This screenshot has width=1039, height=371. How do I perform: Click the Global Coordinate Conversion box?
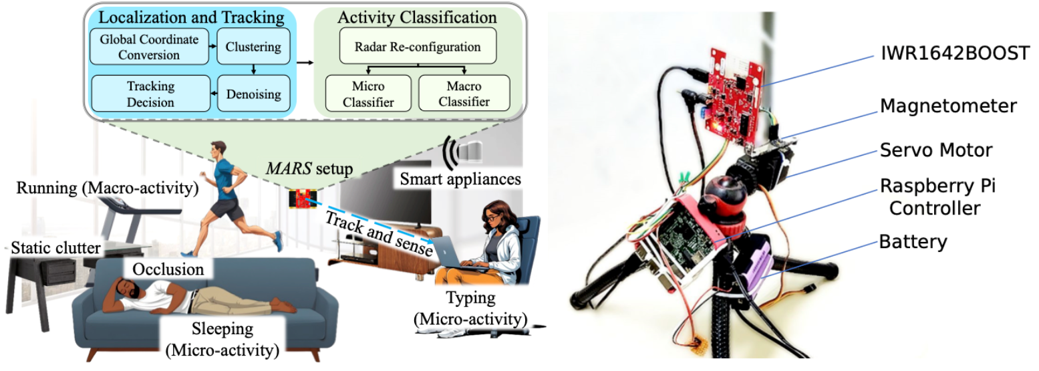pos(150,47)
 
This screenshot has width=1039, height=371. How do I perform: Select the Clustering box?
pos(253,47)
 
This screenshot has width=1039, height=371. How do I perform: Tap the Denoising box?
pos(253,94)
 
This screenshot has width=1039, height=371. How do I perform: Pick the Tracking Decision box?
pos(150,94)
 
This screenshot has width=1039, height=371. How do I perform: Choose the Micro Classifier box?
pos(363,94)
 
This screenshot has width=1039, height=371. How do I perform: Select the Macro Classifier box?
pos(464,94)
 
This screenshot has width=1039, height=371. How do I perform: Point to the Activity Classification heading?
pos(417,17)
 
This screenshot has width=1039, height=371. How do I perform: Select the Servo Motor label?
pos(936,150)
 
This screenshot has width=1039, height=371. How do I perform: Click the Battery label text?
pos(913,241)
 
